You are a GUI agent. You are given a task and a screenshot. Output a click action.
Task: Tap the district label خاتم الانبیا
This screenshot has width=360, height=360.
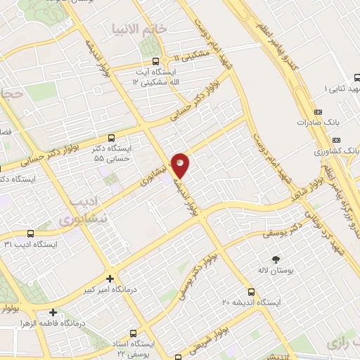click(141, 29)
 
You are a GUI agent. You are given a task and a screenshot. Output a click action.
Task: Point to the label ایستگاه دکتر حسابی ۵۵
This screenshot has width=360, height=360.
click(112, 154)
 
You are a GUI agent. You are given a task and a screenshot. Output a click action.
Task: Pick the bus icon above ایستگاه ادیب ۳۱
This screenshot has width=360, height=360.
click(30, 233)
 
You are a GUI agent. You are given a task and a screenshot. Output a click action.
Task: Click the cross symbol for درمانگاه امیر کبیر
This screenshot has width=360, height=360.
click(110, 278)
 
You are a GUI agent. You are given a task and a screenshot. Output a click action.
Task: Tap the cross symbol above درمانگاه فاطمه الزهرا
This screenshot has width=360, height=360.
click(53, 312)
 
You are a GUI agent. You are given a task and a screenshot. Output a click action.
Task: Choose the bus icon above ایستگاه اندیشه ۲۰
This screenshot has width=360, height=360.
click(251, 291)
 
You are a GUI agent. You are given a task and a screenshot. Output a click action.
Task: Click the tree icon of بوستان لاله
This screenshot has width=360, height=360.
click(276, 259)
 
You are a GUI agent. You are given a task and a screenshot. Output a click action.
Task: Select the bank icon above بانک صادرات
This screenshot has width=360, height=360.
click(317, 112)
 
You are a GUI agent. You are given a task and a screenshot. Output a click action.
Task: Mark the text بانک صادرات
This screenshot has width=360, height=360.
click(313, 122)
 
